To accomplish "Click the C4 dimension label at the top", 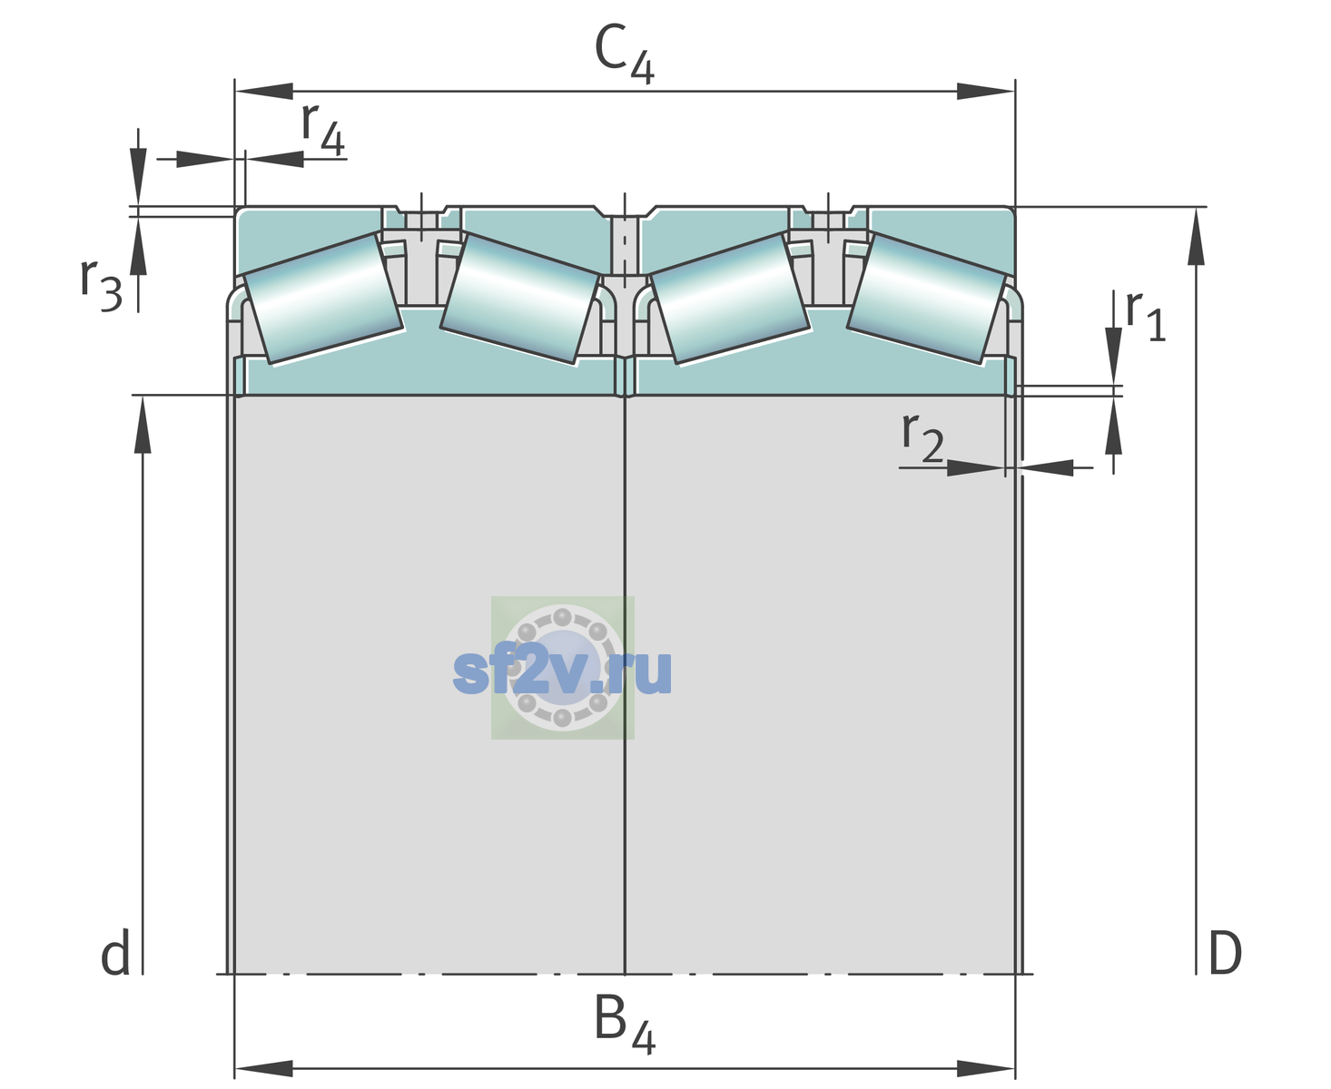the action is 624,54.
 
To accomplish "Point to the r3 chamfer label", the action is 101,285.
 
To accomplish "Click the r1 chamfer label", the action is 1146,316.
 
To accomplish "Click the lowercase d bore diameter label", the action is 115,953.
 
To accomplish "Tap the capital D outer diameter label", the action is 1225,954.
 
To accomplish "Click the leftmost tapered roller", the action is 323,299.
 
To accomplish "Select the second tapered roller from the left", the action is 520,299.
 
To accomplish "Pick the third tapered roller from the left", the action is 730,299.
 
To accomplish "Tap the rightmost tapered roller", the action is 926,299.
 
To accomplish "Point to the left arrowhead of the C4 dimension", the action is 264,92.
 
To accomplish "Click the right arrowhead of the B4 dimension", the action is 986,1069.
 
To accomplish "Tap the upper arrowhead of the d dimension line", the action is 143,425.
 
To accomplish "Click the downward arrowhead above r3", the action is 138,177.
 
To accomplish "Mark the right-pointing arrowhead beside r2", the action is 976,467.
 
